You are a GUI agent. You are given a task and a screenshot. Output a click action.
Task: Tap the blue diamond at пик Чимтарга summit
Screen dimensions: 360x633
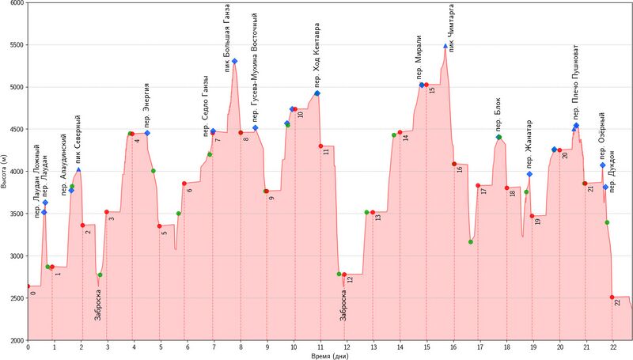click(x=446, y=47)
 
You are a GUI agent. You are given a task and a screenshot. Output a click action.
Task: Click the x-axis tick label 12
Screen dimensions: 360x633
click(x=347, y=347)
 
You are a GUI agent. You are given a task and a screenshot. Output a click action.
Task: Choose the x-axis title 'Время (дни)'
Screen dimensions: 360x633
click(x=328, y=355)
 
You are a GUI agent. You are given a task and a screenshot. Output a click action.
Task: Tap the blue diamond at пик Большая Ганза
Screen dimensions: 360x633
click(x=235, y=61)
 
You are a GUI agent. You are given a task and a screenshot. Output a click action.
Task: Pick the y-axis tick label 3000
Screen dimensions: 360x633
click(x=16, y=256)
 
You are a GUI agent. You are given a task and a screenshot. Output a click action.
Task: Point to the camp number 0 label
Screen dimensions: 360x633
click(x=33, y=293)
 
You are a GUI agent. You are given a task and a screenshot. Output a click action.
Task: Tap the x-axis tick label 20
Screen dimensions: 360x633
click(x=559, y=347)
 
